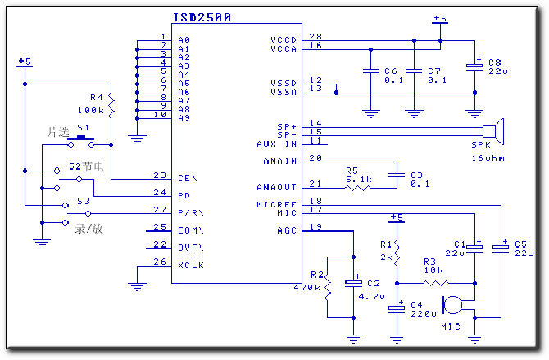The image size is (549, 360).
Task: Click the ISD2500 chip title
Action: point(202,17)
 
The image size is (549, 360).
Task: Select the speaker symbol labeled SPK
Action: point(493,131)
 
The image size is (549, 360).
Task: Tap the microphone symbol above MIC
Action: point(452,304)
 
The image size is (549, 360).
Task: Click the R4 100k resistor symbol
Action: point(111,106)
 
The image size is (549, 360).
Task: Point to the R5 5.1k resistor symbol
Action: point(358,189)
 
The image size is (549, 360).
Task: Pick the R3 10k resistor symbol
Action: point(436,283)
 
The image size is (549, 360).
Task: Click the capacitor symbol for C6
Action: point(371,71)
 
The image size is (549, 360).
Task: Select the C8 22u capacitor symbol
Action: point(474,66)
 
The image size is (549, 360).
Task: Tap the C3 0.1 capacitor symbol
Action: point(397,175)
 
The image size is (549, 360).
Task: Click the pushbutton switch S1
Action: point(81,141)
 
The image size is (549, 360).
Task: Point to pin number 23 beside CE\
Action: point(160,175)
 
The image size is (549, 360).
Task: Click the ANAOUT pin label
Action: point(277,187)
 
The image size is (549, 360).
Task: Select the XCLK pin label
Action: point(191,265)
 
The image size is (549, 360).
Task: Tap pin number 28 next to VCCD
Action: point(315,36)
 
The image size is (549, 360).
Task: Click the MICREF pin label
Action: point(277,204)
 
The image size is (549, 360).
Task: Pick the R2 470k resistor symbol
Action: point(328,288)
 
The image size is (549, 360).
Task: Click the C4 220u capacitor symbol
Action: point(397,308)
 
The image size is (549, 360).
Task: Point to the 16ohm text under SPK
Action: point(488,158)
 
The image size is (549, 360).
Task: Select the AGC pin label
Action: point(287,230)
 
